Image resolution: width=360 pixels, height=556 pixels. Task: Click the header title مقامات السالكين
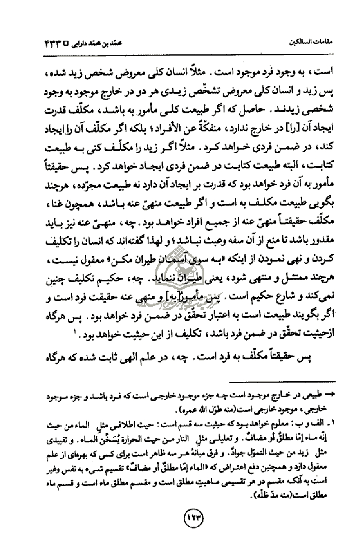coord(312,46)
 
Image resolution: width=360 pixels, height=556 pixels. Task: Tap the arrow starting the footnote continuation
coord(333,394)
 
